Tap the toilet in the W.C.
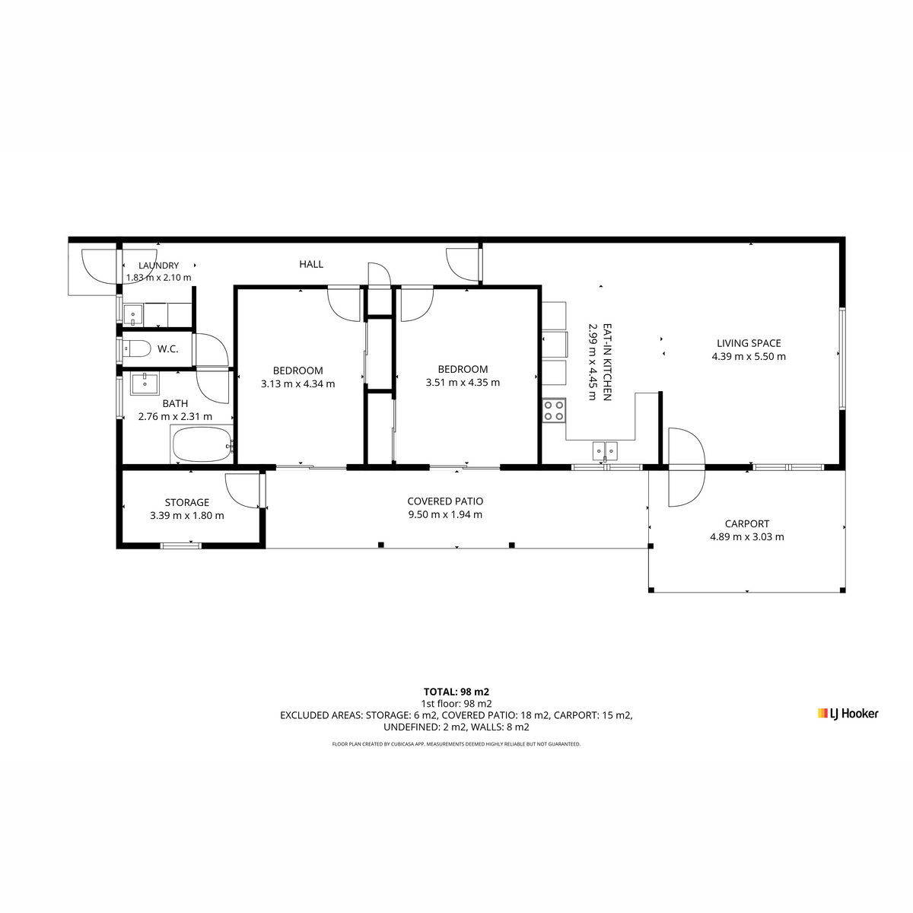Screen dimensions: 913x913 pos(136,349)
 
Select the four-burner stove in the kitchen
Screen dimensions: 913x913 pos(554,410)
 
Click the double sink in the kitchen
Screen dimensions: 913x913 pos(605,450)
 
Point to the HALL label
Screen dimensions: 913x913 pos(311,264)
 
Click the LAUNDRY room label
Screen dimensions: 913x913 pos(159,266)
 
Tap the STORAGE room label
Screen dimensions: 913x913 pos(187,502)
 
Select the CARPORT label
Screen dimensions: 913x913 pos(746,523)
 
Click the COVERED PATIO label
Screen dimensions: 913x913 pos(445,501)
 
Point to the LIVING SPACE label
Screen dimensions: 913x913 pos(749,343)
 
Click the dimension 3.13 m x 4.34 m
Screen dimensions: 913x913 pos(298,383)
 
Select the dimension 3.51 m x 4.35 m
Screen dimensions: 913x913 pos(463,383)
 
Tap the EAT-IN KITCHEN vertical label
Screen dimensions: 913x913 pos(607,362)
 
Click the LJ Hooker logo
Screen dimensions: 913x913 pos(848,714)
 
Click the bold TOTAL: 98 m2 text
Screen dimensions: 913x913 pos(456,692)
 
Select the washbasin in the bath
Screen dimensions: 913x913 pos(145,383)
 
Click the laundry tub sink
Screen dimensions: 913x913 pos(133,314)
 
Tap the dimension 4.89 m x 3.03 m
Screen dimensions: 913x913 pos(746,537)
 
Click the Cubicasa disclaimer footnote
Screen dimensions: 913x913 pos(456,744)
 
